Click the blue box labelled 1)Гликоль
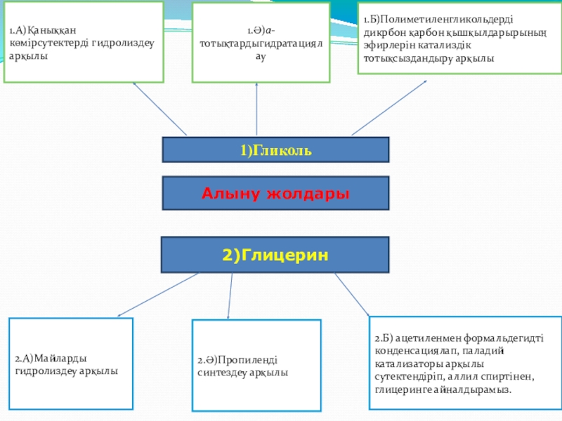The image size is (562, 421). [x=275, y=150]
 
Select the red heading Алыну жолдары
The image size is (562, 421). [x=275, y=193]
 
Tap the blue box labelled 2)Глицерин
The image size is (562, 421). [x=275, y=255]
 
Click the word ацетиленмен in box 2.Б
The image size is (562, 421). [x=431, y=339]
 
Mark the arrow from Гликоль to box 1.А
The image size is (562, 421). [x=159, y=109]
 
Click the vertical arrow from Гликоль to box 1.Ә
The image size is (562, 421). [x=256, y=109]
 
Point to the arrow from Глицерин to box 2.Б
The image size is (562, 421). [x=352, y=295]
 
